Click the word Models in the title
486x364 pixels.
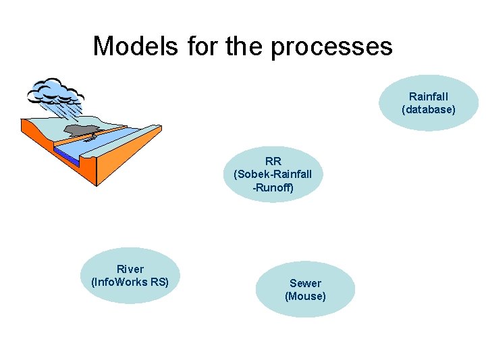[x=135, y=46]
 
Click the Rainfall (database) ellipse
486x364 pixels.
[x=428, y=102]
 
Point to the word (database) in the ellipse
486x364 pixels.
[x=428, y=109]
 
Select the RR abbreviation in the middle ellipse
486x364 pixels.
[x=273, y=162]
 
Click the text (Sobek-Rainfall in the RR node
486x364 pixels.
[x=273, y=175]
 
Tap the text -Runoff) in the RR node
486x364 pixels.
[x=273, y=187]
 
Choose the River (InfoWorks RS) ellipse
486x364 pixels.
[x=130, y=276]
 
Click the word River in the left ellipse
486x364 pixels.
[x=130, y=269]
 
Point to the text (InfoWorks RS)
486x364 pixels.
[x=130, y=282]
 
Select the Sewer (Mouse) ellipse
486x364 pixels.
[x=305, y=289]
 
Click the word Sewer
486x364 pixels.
[x=305, y=283]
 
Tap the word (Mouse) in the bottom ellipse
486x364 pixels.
[x=305, y=296]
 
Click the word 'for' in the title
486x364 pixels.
[x=200, y=46]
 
